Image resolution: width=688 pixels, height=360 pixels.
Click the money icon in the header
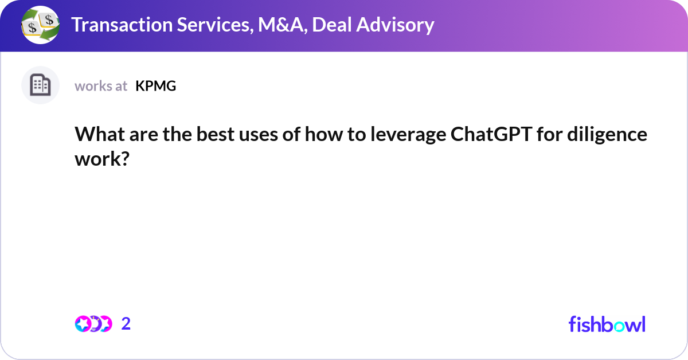pos(40,25)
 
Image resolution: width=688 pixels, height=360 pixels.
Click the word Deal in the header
pos(334,25)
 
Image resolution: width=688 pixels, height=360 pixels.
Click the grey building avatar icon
pos(40,85)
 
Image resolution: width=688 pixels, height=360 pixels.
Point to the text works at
pos(101,86)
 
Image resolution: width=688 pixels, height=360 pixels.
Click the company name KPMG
pos(155,86)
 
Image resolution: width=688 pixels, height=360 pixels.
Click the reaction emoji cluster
pos(93,324)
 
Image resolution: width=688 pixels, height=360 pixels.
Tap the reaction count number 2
pos(126,324)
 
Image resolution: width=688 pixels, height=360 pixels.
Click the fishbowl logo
pos(607,324)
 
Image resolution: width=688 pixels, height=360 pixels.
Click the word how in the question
pos(321,135)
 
